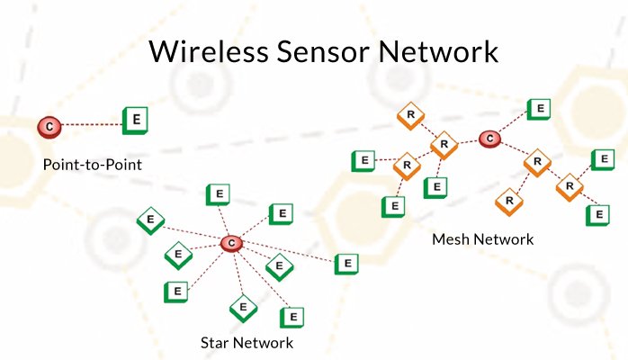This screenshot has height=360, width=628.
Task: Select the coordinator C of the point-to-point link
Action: [x=49, y=126]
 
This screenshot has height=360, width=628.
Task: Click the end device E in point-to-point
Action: [x=136, y=119]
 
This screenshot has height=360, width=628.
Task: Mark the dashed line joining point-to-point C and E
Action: [x=90, y=123]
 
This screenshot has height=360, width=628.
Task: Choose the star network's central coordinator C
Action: [x=231, y=242]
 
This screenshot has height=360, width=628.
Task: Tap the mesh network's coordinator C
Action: [x=489, y=139]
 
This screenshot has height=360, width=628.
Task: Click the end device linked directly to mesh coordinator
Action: [x=538, y=110]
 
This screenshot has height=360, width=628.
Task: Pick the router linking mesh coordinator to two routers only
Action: [x=537, y=163]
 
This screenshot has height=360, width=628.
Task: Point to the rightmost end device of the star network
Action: [x=346, y=264]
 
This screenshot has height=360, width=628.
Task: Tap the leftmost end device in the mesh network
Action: [x=363, y=162]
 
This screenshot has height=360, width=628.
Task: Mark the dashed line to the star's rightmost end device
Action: [x=292, y=254]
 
